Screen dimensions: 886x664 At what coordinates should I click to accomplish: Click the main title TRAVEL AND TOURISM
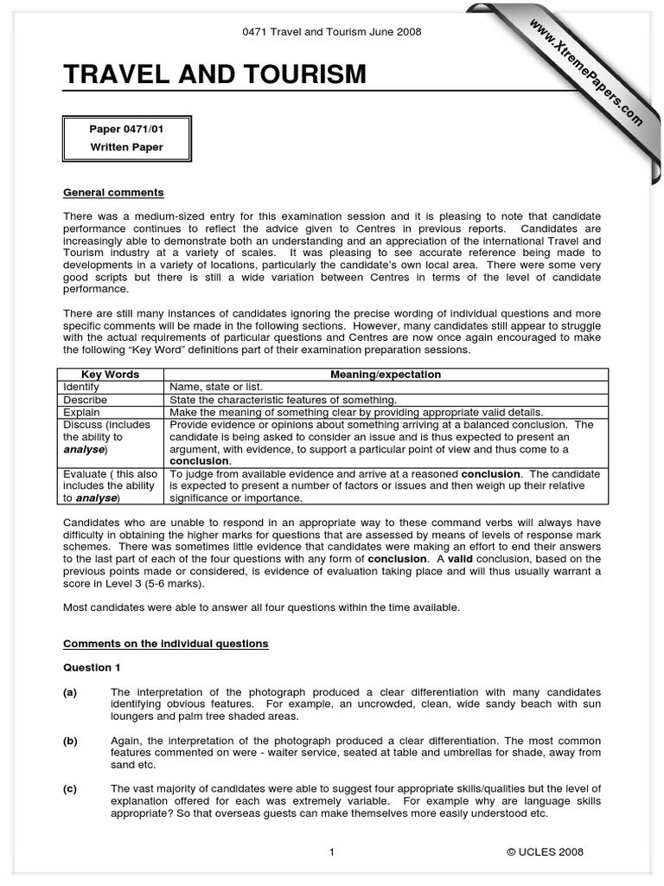tap(214, 75)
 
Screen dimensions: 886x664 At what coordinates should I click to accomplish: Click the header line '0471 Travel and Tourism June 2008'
tap(331, 33)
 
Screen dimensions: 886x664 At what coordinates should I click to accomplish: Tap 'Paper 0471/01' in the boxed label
tap(126, 129)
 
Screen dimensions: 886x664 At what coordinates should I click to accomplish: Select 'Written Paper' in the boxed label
tap(126, 147)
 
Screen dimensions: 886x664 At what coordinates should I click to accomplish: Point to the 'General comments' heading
tap(113, 192)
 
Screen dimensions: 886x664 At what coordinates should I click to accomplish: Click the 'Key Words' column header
tap(110, 375)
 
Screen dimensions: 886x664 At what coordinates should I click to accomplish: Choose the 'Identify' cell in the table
tap(81, 387)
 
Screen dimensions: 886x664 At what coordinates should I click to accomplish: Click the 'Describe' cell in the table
tap(85, 400)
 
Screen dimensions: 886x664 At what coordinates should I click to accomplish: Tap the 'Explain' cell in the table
tap(81, 412)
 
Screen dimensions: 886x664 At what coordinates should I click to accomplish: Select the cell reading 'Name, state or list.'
tap(216, 387)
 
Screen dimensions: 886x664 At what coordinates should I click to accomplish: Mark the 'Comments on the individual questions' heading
tap(165, 644)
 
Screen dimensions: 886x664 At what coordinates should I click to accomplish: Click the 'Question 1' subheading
tap(87, 668)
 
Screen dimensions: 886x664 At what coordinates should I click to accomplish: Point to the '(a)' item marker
tap(70, 692)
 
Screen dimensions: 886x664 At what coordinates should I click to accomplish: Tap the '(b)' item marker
tap(70, 741)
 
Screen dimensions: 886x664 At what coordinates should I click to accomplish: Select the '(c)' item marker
tap(70, 789)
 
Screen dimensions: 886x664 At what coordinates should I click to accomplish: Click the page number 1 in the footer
tap(331, 852)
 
